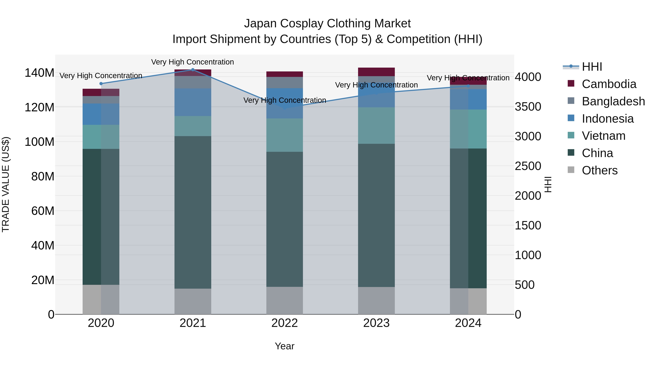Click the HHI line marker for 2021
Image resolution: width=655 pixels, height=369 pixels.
point(193,70)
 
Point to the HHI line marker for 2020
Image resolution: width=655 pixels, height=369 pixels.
point(101,83)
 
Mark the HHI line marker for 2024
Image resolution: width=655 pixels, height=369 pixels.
point(468,86)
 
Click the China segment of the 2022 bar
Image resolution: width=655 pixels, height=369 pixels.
point(285,219)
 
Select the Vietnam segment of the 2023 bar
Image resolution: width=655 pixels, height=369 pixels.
point(376,126)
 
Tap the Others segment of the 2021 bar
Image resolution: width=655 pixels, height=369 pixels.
point(193,301)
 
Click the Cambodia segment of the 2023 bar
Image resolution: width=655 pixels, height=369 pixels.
point(376,72)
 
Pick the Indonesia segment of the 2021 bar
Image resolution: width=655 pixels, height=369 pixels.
point(193,102)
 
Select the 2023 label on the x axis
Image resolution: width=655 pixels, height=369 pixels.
point(376,323)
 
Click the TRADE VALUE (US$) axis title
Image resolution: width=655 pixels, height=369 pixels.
point(6,184)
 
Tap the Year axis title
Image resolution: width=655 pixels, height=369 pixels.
point(285,346)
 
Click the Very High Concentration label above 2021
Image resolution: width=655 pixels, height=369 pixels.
point(192,62)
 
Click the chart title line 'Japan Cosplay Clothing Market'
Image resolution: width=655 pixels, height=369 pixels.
point(327,24)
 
